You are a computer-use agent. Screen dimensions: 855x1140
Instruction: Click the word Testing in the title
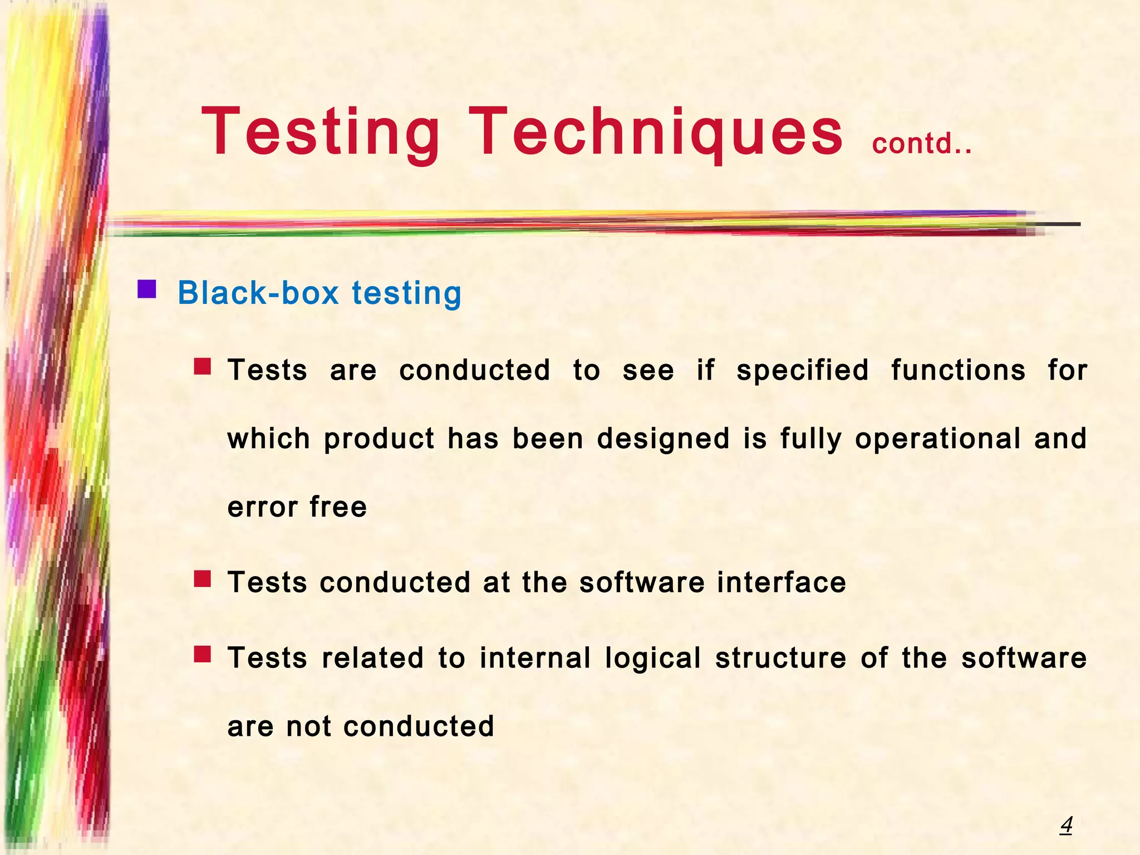pyautogui.click(x=321, y=132)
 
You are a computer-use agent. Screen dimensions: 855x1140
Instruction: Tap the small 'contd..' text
pyautogui.click(x=922, y=144)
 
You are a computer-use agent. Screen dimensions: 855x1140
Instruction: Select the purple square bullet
pyautogui.click(x=147, y=289)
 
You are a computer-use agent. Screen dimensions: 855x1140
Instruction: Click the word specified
pyautogui.click(x=803, y=370)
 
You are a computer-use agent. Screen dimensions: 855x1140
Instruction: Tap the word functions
pyautogui.click(x=958, y=370)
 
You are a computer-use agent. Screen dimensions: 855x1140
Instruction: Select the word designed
pyautogui.click(x=663, y=439)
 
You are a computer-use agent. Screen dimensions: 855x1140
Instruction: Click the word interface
pyautogui.click(x=782, y=583)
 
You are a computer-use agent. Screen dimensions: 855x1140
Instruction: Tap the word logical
pyautogui.click(x=652, y=658)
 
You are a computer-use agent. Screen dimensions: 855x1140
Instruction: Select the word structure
pyautogui.click(x=781, y=658)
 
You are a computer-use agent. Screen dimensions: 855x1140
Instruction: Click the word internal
pyautogui.click(x=535, y=658)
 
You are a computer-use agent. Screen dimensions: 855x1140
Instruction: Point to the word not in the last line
pyautogui.click(x=309, y=726)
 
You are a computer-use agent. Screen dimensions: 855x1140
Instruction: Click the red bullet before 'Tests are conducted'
pyautogui.click(x=203, y=366)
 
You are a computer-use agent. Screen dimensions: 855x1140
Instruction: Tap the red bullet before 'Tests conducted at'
pyautogui.click(x=203, y=579)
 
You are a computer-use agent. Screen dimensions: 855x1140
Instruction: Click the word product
pyautogui.click(x=379, y=439)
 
